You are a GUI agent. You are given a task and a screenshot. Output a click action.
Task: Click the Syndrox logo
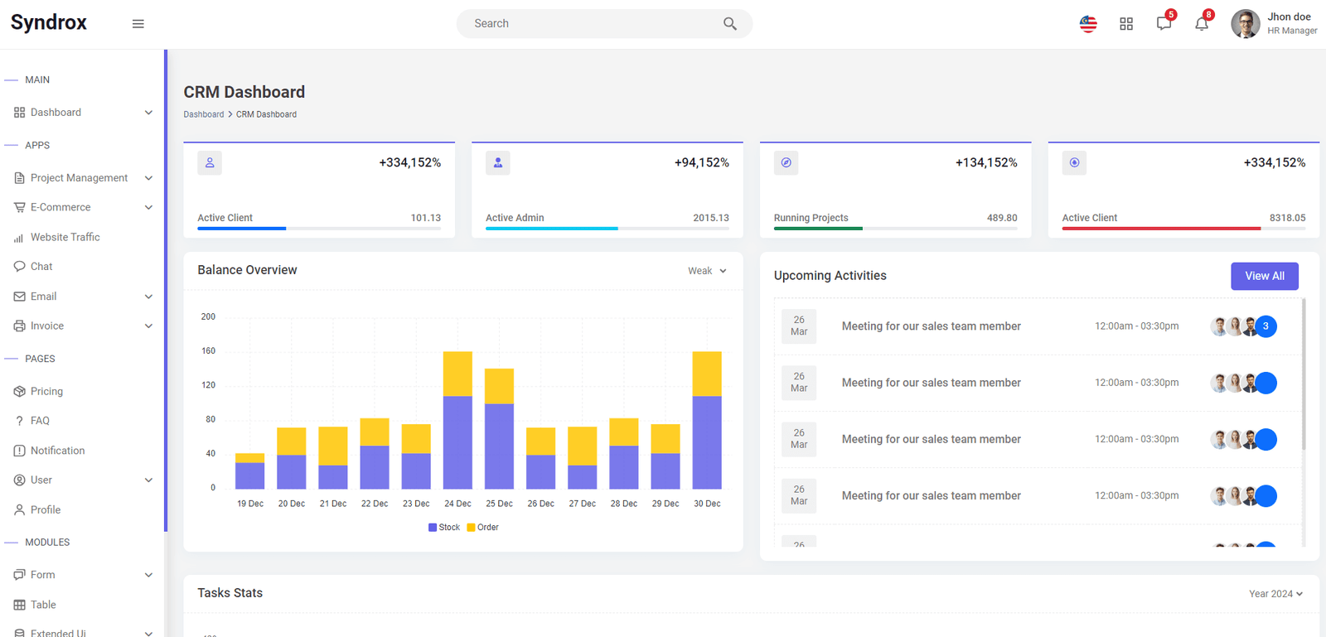49,22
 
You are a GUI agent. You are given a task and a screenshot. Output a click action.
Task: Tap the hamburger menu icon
138,24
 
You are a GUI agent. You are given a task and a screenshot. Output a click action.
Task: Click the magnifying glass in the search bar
729,24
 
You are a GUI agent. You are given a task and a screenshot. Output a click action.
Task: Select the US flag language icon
1088,24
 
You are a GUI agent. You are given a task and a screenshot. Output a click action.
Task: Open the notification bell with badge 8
1202,24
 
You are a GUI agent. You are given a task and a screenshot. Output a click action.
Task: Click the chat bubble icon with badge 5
1164,24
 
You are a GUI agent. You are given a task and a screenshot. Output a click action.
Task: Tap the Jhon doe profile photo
1246,24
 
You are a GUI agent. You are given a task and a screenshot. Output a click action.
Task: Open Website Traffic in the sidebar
65,237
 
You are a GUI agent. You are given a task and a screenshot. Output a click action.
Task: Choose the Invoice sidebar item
46,326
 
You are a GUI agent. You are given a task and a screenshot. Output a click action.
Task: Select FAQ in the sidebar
40,421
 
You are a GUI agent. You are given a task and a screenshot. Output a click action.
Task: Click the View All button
1265,276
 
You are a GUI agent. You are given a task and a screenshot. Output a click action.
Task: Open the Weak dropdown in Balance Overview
707,271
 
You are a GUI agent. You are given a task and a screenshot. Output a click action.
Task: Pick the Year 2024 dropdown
1275,594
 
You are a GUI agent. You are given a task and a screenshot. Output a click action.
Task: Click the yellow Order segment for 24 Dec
457,374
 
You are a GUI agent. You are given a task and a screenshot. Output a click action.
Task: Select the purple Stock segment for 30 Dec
707,442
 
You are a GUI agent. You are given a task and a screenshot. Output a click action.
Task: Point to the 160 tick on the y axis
208,350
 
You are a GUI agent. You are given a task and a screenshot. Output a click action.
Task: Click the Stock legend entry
444,527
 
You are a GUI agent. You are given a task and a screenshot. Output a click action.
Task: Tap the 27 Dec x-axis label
582,504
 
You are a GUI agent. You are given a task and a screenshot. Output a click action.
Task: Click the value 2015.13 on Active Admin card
711,218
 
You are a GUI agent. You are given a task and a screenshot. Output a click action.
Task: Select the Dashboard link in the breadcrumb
204,114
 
